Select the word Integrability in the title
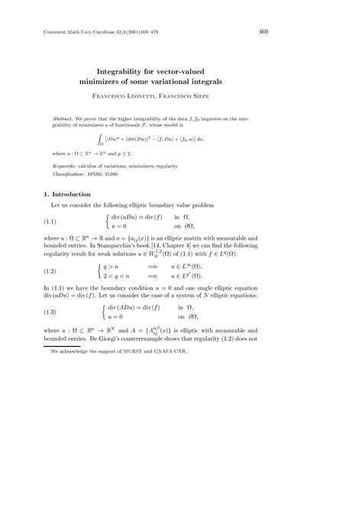point(124,68)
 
